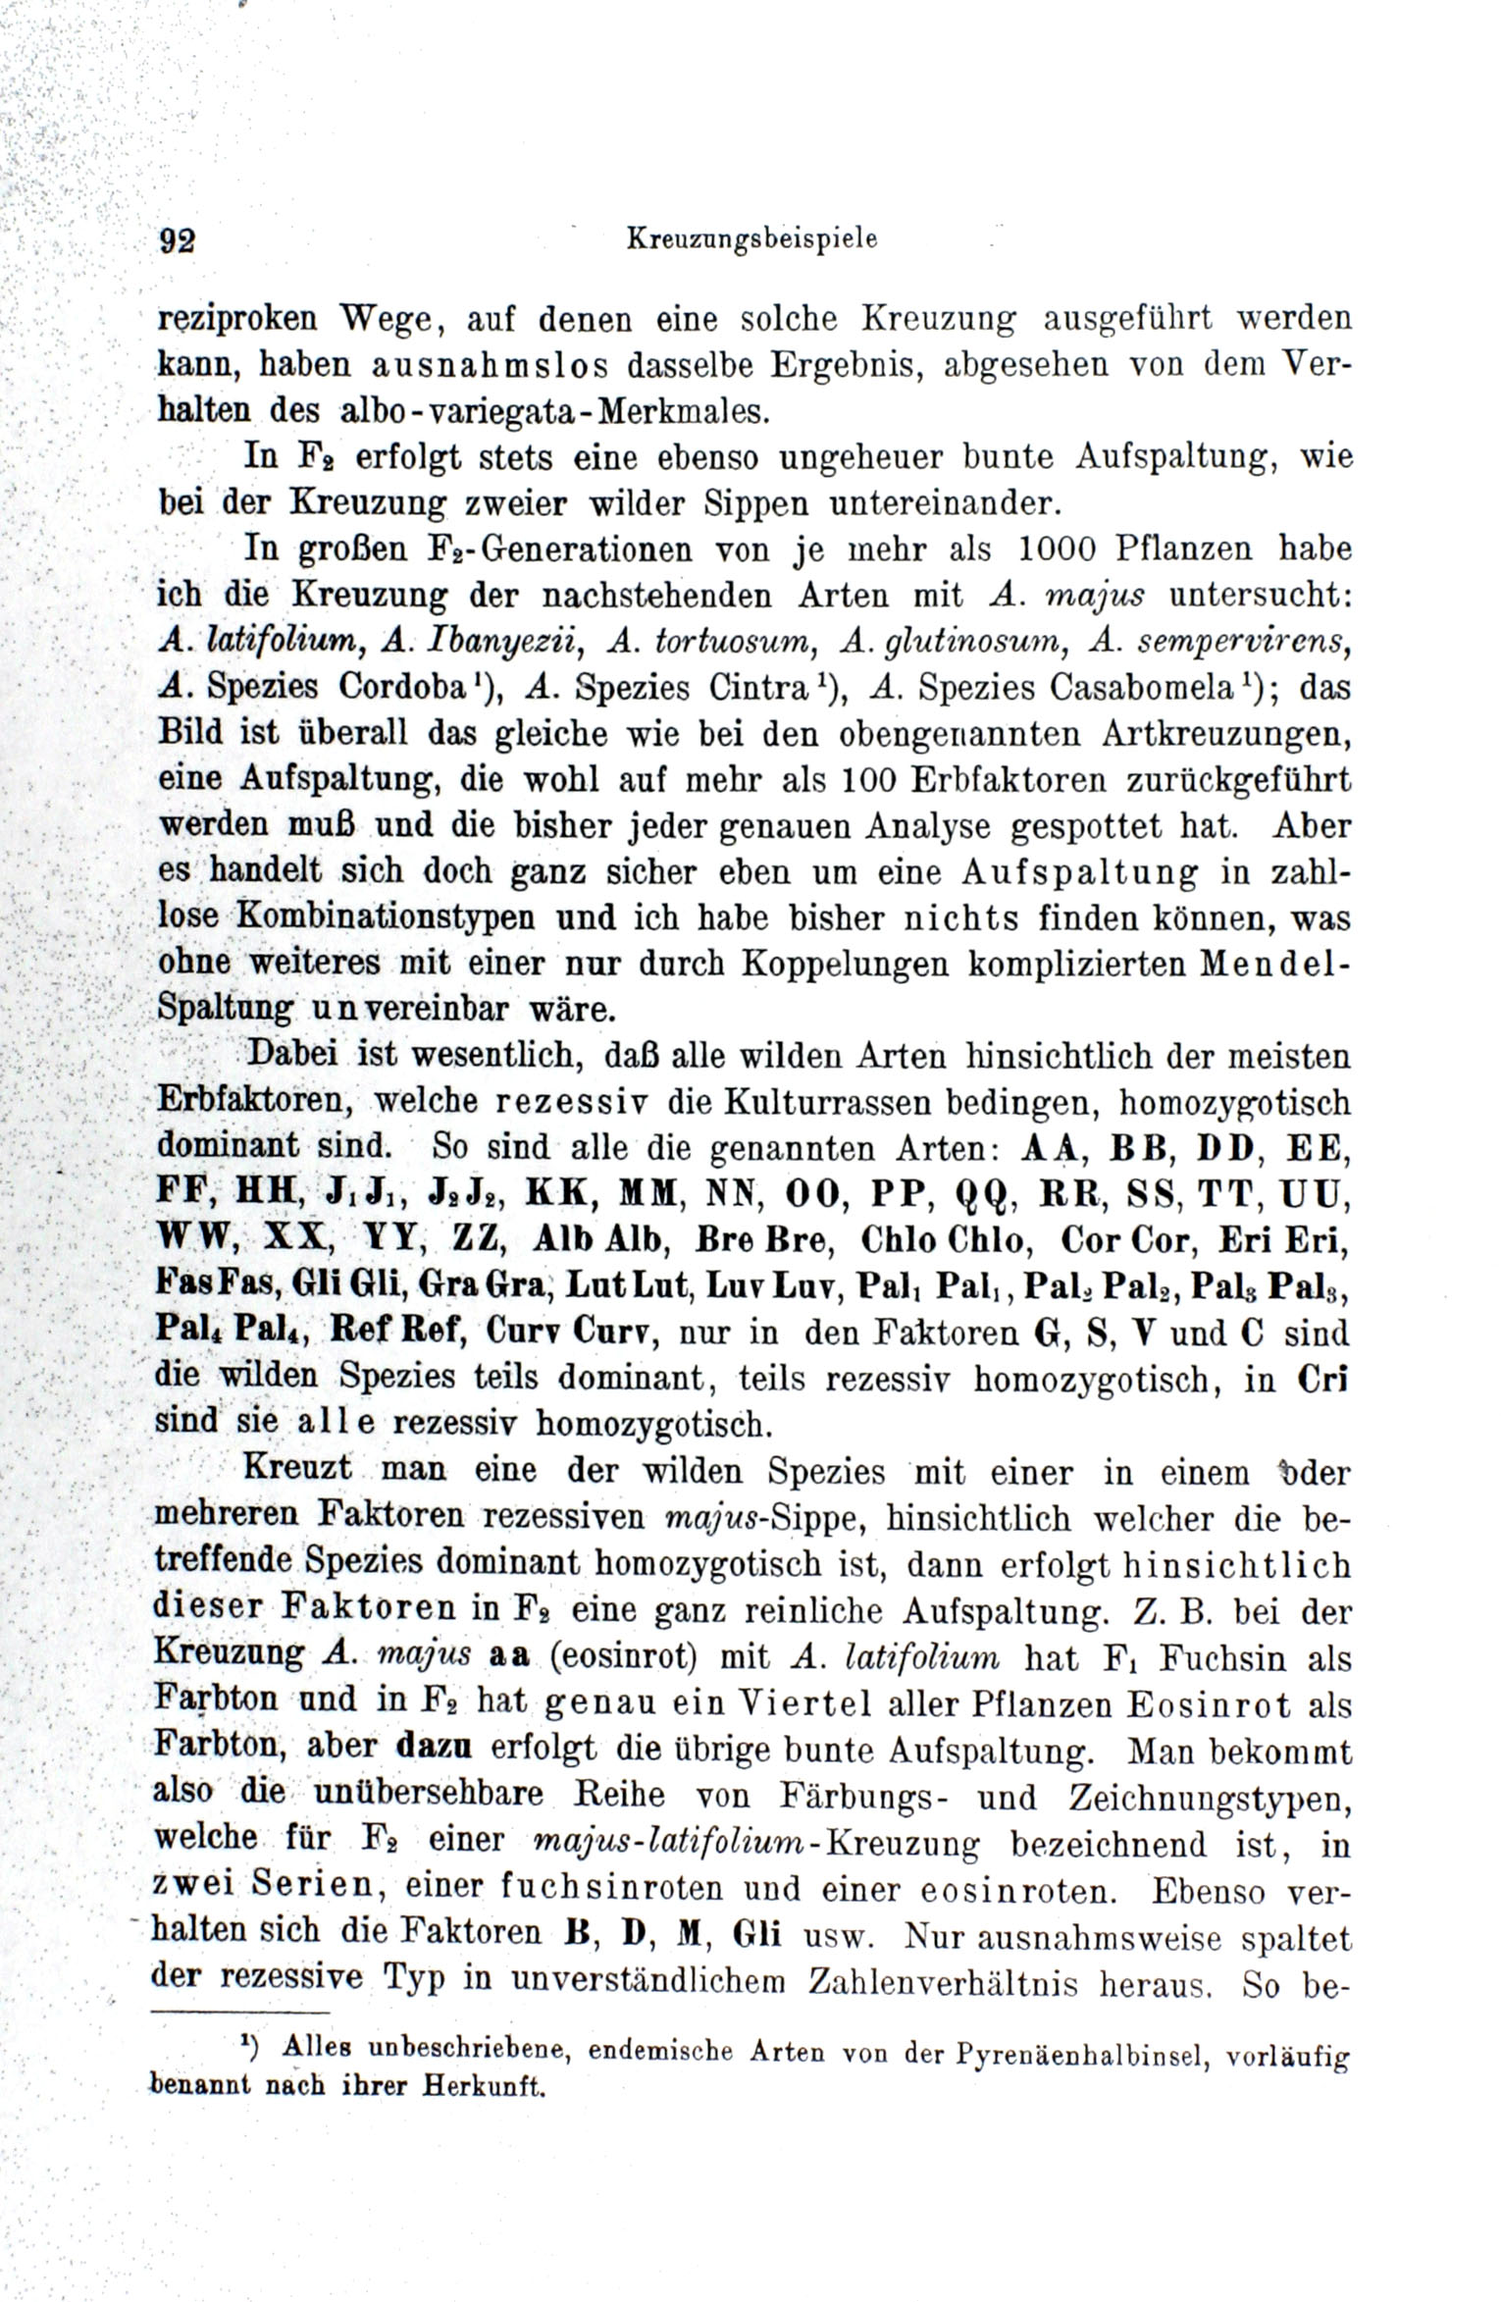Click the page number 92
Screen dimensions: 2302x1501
pyautogui.click(x=178, y=241)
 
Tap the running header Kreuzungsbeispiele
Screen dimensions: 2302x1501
pyautogui.click(x=751, y=238)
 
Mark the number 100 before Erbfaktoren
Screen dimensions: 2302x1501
pyautogui.click(x=869, y=780)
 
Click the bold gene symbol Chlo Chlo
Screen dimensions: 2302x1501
pyautogui.click(x=944, y=1240)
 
